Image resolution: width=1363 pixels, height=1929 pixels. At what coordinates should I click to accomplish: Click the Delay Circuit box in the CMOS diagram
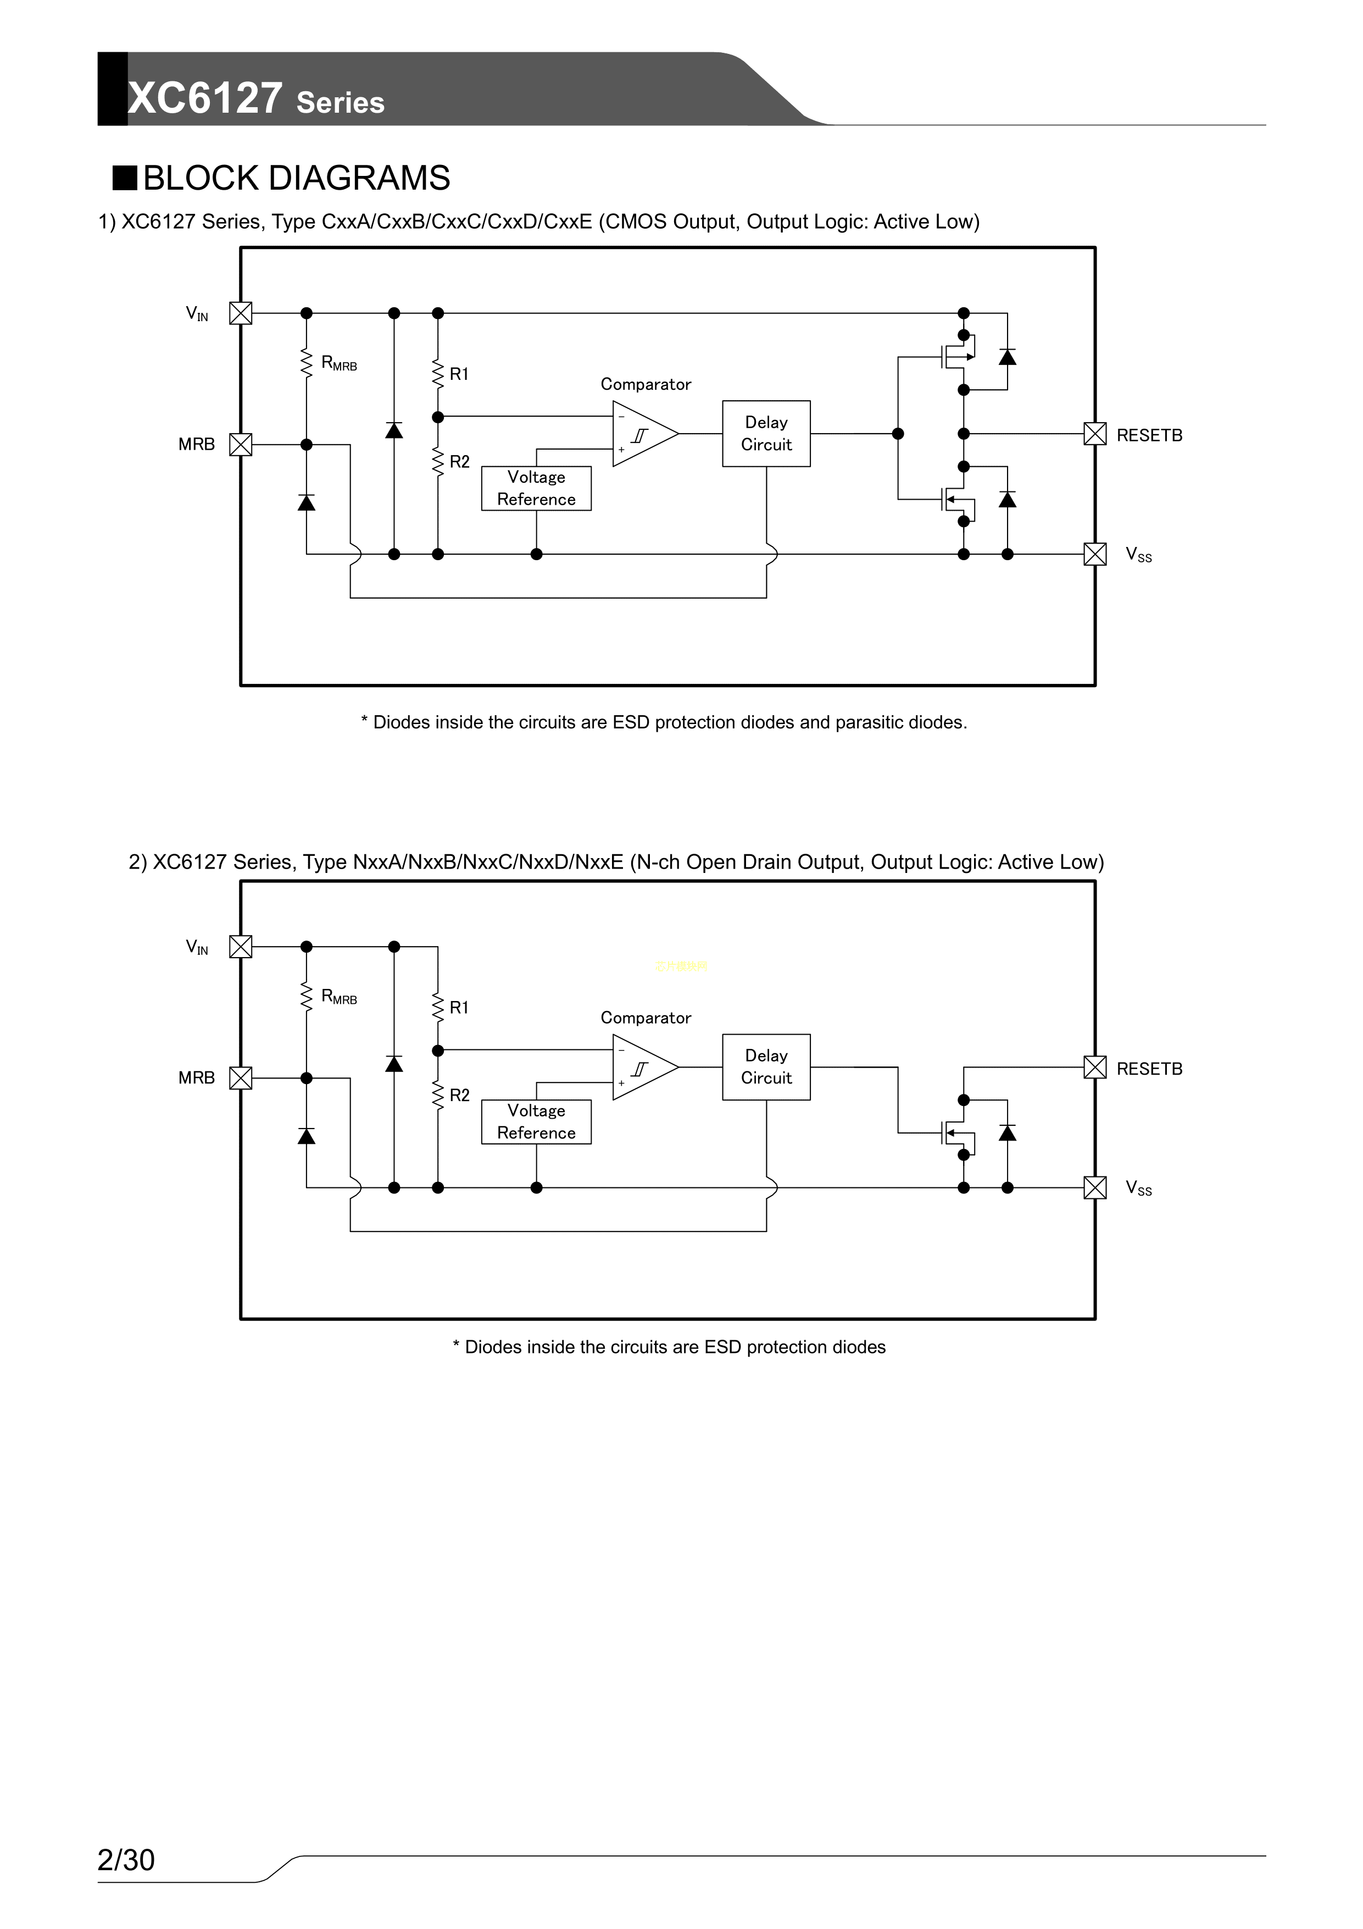coord(766,434)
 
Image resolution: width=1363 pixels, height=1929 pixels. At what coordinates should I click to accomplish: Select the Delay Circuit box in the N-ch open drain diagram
coord(766,1067)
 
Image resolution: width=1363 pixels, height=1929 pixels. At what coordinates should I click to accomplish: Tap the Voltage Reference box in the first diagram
coord(536,488)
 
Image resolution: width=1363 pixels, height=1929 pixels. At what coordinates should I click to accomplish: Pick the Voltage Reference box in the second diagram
coord(536,1121)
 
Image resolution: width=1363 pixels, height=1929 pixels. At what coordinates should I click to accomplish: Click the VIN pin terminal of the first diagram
coord(241,313)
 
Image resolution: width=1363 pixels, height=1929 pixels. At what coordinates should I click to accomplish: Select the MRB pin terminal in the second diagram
coord(241,1078)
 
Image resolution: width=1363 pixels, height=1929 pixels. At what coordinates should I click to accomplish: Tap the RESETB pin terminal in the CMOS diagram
coord(1095,434)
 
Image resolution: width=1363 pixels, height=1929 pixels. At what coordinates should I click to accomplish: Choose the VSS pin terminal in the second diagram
coord(1095,1187)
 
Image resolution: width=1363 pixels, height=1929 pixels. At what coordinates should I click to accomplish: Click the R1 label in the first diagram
coord(459,374)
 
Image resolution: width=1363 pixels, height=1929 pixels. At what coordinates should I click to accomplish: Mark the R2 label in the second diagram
coord(459,1095)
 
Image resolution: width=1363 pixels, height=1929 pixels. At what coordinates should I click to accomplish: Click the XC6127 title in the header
coord(205,98)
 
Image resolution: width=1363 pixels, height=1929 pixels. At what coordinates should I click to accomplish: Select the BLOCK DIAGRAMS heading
coord(297,178)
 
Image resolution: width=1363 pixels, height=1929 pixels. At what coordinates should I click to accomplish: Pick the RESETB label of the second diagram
coord(1149,1069)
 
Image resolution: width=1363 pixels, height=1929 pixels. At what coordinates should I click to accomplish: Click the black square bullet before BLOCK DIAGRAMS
coord(125,178)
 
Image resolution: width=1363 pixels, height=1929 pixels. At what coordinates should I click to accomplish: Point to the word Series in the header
coord(340,102)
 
